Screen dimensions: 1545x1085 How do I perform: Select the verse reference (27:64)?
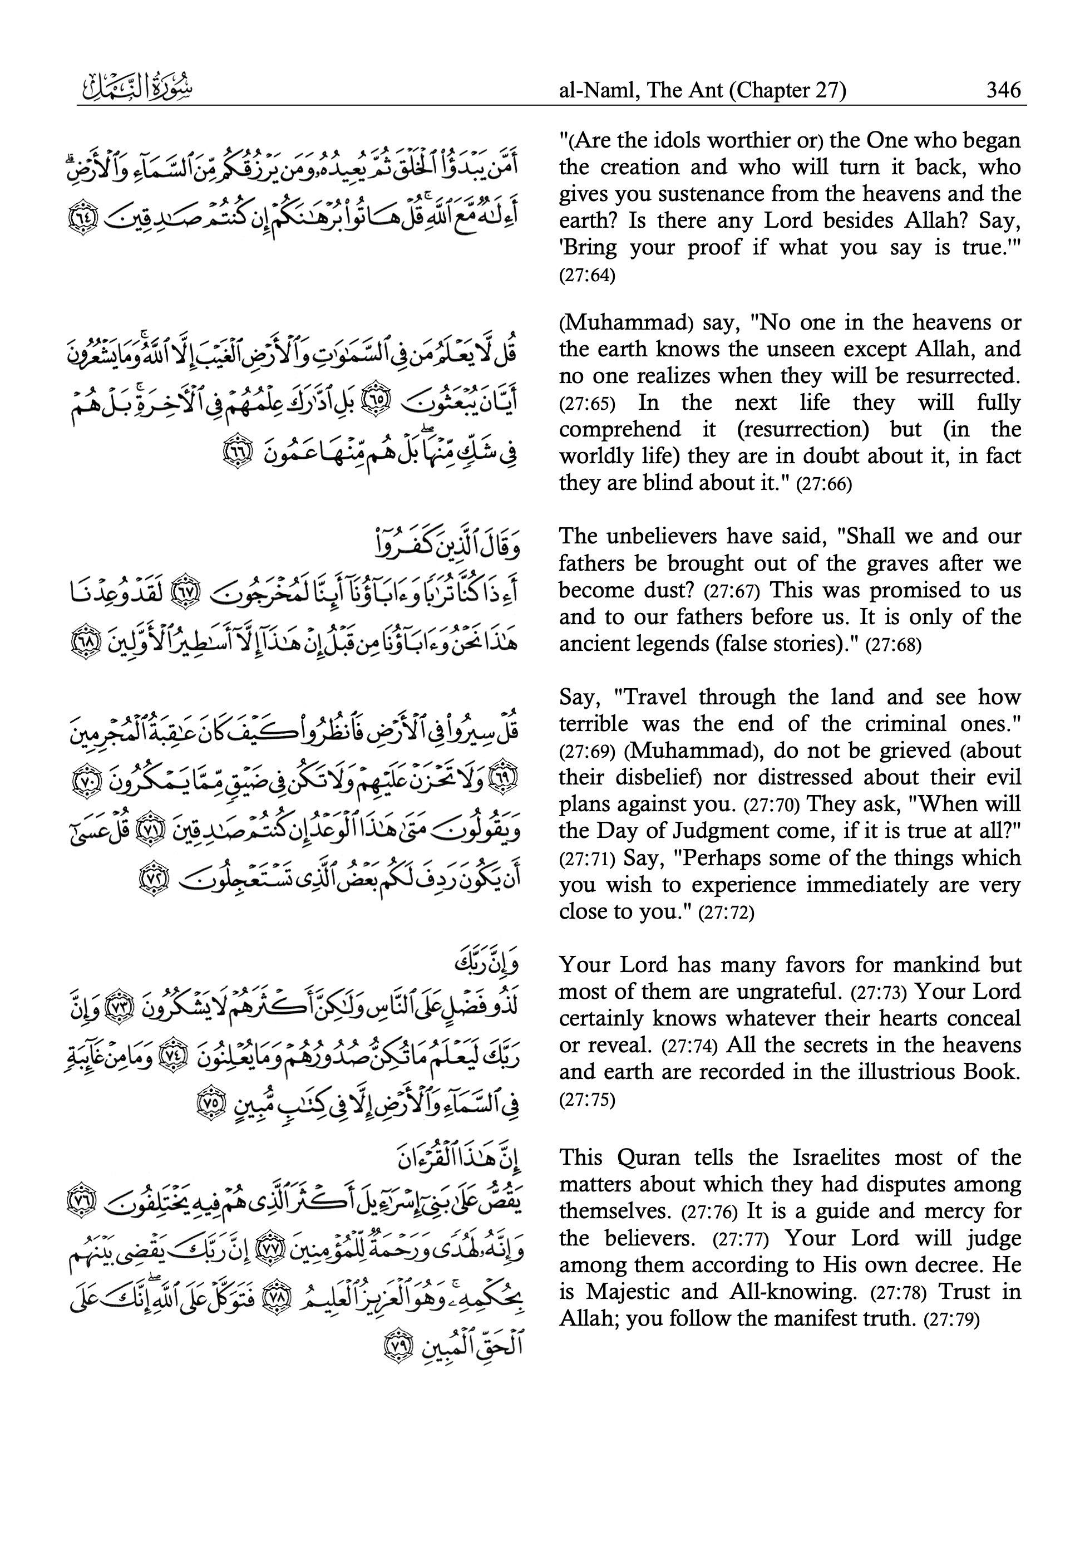[586, 276]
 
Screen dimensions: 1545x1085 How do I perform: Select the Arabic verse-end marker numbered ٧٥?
[208, 1103]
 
